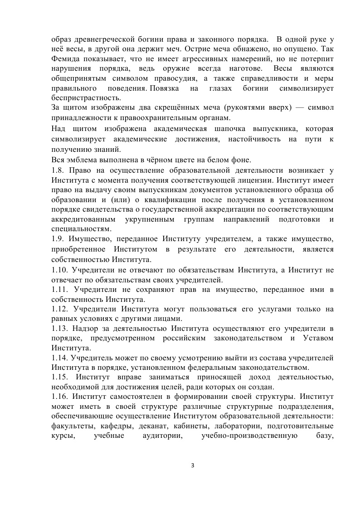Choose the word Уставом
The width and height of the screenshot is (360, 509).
click(318, 339)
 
